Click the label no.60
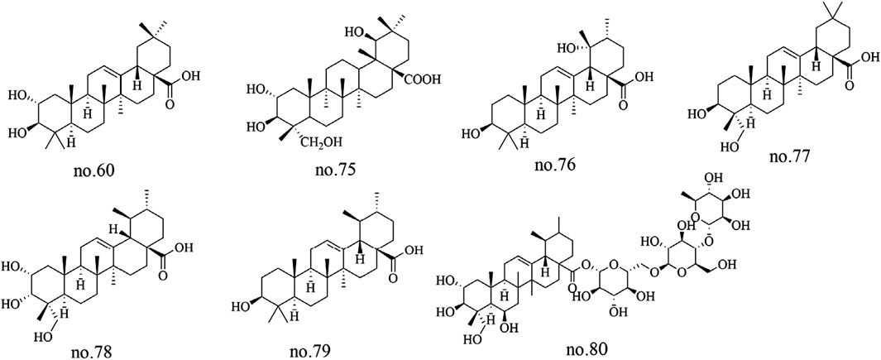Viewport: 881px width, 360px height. [92, 173]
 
